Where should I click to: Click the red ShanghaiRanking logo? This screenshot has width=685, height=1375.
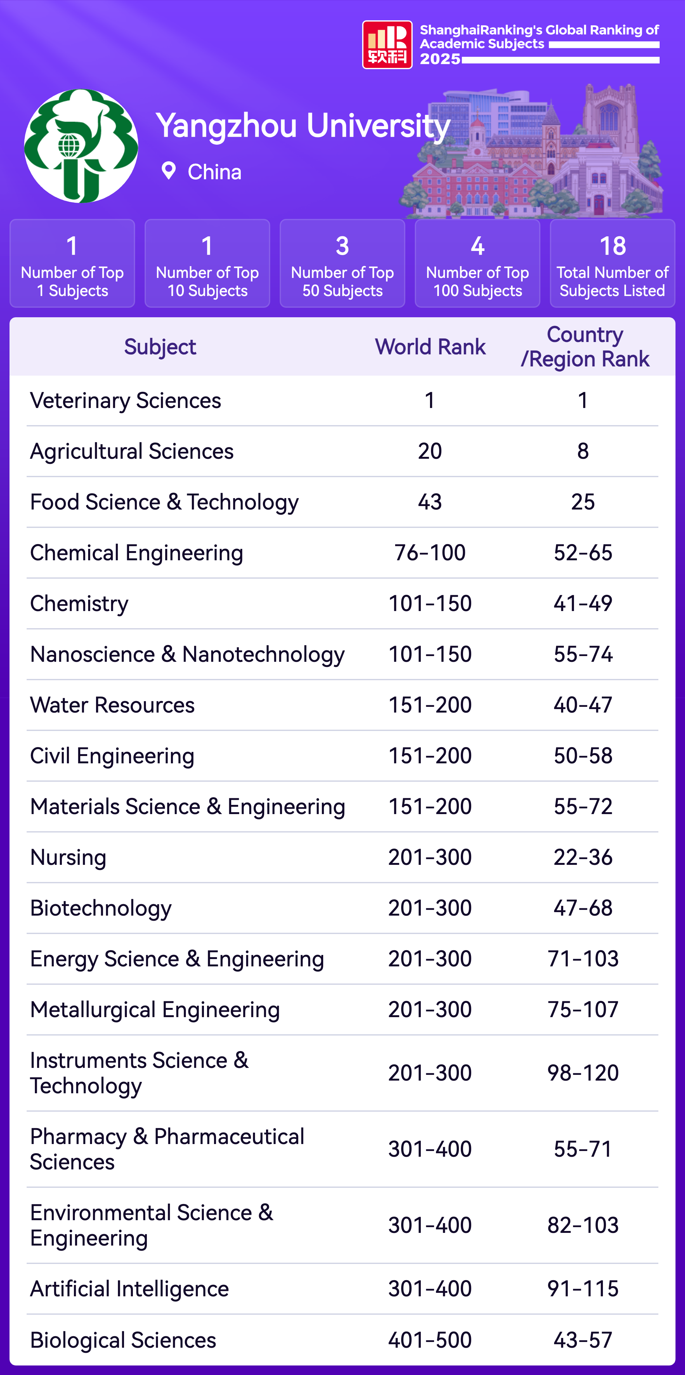tap(387, 45)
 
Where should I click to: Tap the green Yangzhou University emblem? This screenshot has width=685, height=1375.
tap(81, 146)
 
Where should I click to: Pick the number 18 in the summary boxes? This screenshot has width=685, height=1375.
tap(612, 246)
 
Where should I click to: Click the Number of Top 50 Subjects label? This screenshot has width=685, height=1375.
tap(342, 281)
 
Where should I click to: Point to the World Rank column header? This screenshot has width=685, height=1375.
tap(430, 347)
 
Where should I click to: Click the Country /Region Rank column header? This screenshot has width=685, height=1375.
tap(585, 347)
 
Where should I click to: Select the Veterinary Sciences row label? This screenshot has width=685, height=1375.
tap(125, 400)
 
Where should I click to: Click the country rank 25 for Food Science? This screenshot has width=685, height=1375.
tap(583, 502)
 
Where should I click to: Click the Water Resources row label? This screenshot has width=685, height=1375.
tap(112, 705)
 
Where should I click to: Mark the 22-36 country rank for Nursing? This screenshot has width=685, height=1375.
tap(583, 857)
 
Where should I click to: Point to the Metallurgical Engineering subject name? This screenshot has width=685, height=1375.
tap(155, 1010)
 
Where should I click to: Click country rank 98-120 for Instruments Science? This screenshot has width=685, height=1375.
tap(583, 1073)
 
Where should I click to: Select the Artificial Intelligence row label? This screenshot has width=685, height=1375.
tap(129, 1288)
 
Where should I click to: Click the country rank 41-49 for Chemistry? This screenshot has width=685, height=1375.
tap(583, 603)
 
